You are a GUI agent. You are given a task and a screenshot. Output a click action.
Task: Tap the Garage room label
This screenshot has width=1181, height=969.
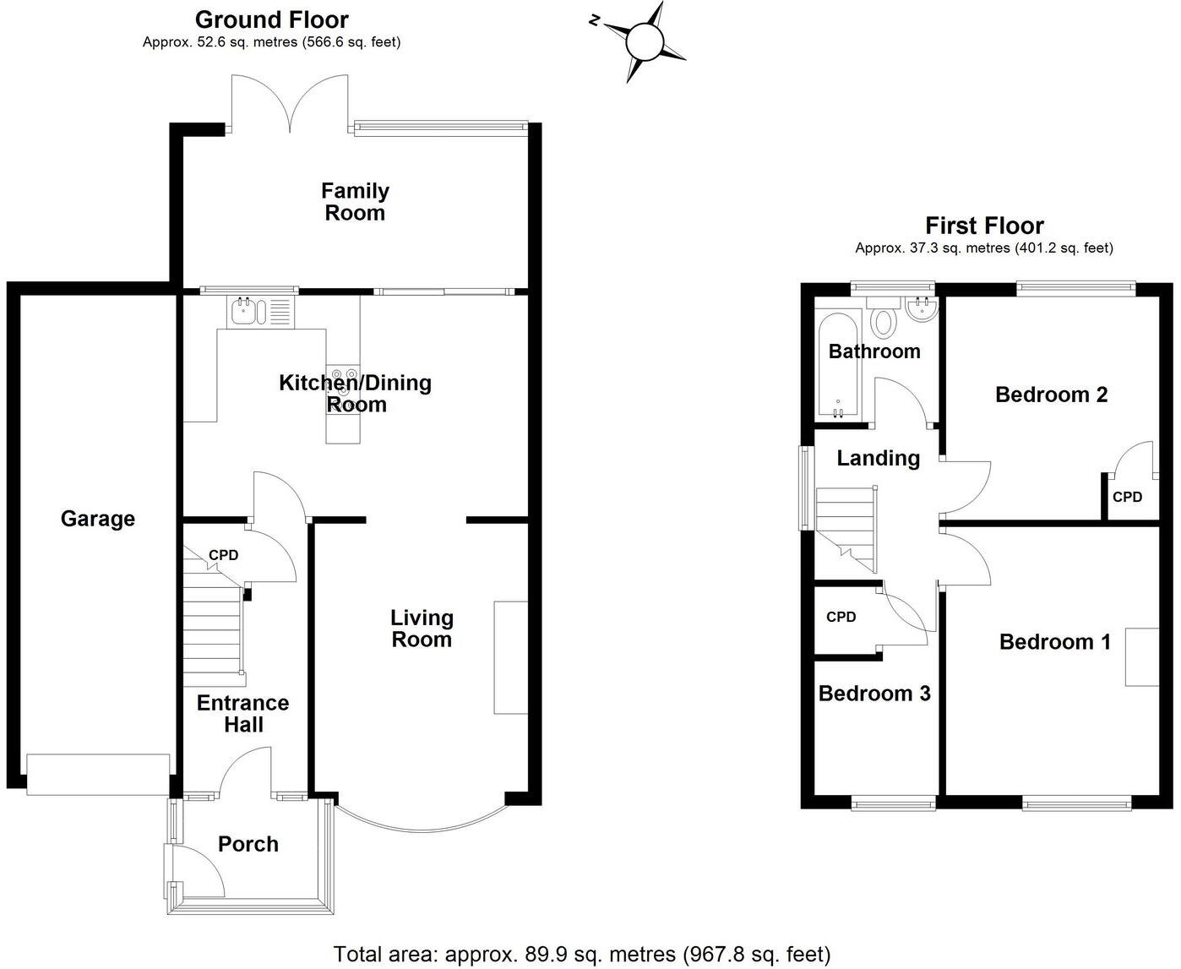97,519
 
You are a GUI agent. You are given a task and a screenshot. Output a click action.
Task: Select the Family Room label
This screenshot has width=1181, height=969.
355,202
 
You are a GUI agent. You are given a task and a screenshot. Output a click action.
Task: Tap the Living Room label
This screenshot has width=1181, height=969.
421,629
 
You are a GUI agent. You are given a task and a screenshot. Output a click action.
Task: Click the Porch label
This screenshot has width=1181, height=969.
248,844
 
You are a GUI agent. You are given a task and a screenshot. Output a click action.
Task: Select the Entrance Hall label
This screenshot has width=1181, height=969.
243,714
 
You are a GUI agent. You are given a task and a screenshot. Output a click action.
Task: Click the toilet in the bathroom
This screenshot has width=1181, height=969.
884,322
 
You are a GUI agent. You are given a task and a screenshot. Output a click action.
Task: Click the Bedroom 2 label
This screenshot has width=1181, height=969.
1051,395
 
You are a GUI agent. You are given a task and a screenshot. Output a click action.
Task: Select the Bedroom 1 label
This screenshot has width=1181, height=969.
1054,642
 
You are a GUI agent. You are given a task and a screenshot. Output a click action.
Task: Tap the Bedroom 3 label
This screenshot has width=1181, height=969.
874,694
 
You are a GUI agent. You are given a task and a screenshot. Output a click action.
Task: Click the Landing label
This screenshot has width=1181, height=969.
878,458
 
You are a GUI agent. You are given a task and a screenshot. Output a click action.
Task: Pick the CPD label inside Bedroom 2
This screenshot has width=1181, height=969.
1127,498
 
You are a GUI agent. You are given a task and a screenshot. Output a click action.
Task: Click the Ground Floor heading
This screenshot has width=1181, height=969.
271,19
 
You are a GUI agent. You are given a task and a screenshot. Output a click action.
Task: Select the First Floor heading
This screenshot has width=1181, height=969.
984,226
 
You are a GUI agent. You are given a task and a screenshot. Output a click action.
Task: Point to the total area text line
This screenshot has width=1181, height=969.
582,955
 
